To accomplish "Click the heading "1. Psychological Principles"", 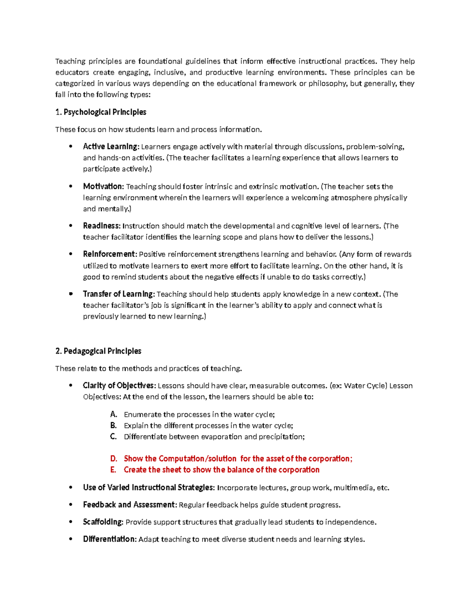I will coord(101,112).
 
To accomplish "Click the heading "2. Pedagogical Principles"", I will coord(98,351).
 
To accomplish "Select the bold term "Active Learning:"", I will coord(111,147).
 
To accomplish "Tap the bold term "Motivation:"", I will coord(104,187).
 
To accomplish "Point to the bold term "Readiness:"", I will coord(102,226).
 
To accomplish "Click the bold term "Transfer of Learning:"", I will coord(119,294).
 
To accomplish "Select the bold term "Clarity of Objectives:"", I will coord(119,386).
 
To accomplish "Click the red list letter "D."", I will coord(114,459).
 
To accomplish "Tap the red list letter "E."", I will coord(113,470).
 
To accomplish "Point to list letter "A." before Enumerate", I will coord(114,414).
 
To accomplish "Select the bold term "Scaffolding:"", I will coord(103,522).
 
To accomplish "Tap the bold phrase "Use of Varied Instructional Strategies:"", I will coord(149,488).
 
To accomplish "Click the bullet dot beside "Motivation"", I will coord(71,187).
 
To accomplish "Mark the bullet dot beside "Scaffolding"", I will coord(71,522).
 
